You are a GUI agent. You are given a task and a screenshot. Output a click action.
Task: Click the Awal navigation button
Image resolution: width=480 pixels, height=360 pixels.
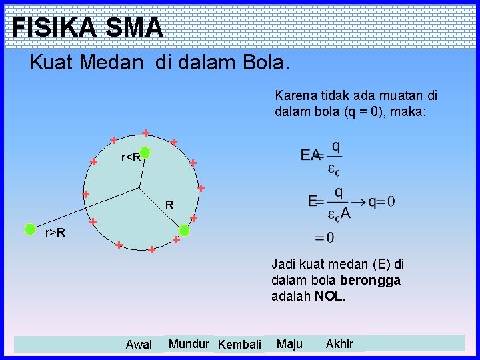pos(139,344)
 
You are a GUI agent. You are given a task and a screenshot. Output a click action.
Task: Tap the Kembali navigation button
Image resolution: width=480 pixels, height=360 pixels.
pos(239,344)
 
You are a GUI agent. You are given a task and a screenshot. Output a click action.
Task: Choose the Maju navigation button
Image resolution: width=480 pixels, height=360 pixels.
pos(289,343)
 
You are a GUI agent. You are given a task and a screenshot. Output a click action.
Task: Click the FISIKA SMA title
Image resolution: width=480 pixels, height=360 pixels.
pos(87,27)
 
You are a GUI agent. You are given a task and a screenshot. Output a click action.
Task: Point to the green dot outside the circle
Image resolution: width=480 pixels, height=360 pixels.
pos(30,229)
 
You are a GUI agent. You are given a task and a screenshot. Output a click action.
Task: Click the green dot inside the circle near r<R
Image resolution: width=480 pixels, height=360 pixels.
pos(145,153)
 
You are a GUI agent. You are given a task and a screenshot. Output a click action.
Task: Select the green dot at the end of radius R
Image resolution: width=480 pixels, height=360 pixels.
pos(185,230)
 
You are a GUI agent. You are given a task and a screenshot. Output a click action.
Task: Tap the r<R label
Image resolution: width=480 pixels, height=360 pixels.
pos(130,158)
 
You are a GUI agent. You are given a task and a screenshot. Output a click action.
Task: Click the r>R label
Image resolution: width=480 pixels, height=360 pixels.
pos(55,233)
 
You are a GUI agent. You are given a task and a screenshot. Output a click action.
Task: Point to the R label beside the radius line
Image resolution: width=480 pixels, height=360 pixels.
pos(170,206)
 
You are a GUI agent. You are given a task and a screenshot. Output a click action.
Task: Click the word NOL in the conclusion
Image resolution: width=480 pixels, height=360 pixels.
pos(330,295)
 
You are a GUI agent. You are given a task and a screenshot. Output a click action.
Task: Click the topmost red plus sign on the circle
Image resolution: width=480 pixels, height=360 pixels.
pos(145,132)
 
